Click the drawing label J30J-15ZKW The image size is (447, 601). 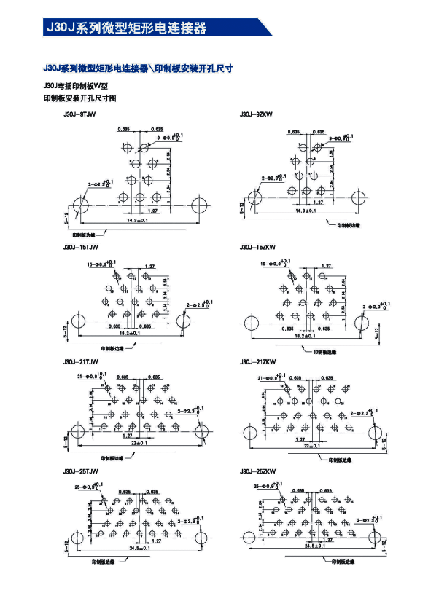pyautogui.click(x=257, y=248)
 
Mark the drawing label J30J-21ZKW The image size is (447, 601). pyautogui.click(x=257, y=362)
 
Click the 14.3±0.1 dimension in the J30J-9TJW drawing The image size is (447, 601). pyautogui.click(x=137, y=219)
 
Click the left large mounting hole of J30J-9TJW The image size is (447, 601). pyautogui.click(x=81, y=205)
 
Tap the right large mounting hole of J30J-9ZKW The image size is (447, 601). pyautogui.click(x=359, y=198)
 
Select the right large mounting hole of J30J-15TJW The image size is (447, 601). pyautogui.click(x=182, y=320)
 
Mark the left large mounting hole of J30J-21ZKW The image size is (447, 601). pyautogui.click(x=250, y=433)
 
